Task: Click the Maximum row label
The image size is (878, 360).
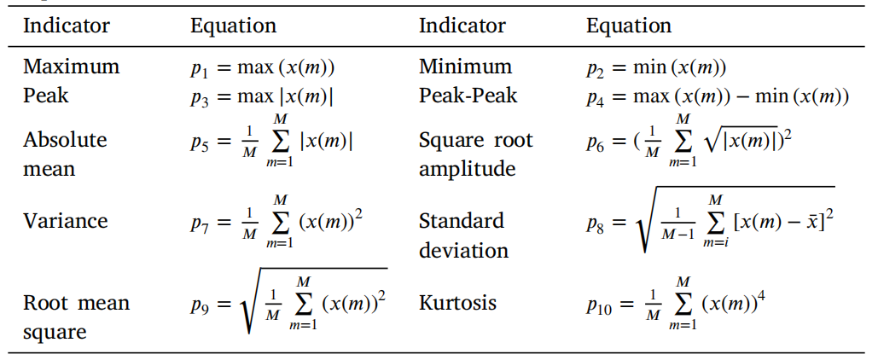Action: (71, 67)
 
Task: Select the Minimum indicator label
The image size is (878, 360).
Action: (465, 67)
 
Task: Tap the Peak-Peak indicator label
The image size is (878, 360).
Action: (468, 95)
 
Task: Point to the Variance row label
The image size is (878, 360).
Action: (65, 221)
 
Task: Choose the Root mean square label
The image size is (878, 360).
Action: (76, 317)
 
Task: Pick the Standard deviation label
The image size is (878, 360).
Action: (463, 235)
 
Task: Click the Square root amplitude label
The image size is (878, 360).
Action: (475, 154)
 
